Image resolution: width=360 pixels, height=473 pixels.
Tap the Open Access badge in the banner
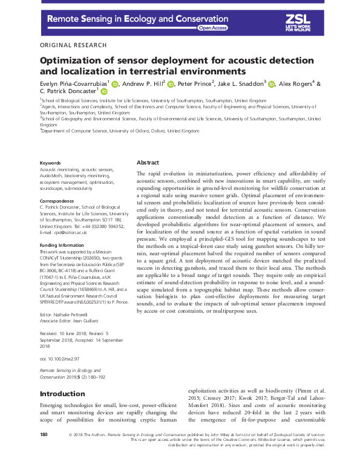point(212,28)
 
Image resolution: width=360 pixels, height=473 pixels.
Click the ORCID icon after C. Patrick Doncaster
point(103,91)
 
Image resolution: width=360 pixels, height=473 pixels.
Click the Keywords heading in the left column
point(50,163)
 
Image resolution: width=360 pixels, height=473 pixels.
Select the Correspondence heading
point(57,200)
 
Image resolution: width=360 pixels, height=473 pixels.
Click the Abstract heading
point(148,163)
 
